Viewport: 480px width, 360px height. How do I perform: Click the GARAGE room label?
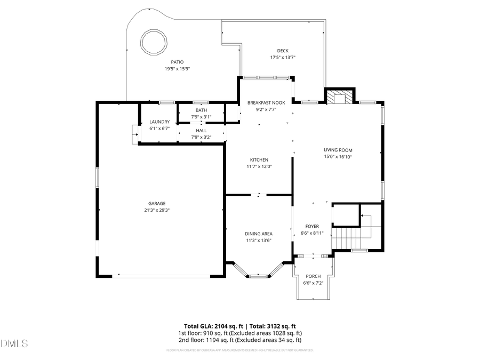tap(157, 203)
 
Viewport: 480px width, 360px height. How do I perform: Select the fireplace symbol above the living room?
tap(339, 98)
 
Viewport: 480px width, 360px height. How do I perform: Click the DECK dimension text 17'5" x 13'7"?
tap(283, 58)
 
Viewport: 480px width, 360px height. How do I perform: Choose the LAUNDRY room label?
tap(159, 122)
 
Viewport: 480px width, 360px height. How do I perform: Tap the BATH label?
tap(201, 110)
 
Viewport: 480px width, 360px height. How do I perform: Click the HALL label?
tap(201, 130)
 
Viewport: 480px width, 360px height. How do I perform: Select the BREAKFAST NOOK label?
tap(266, 103)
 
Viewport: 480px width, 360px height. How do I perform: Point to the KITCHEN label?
tap(259, 160)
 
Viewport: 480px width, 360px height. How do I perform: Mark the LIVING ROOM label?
tap(338, 150)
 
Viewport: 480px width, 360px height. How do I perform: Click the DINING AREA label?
tap(259, 234)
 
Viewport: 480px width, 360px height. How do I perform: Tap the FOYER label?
tap(312, 226)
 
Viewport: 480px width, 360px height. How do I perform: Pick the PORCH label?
tap(313, 276)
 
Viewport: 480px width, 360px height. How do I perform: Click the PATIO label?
tap(178, 62)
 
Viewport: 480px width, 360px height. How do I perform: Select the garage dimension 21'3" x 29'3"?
tap(157, 210)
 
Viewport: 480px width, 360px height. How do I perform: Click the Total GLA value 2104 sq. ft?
tap(228, 326)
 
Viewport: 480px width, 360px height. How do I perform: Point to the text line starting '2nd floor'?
tap(240, 340)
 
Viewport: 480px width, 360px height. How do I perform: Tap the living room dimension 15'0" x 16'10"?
tap(338, 157)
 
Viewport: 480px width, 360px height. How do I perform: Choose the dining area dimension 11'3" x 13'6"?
tap(259, 241)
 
